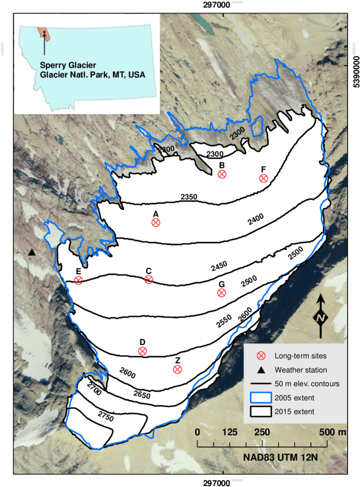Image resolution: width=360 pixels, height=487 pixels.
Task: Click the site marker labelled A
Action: [156, 222]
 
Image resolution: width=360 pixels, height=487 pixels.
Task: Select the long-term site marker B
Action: [222, 174]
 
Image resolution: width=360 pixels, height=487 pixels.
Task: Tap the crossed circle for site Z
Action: [178, 369]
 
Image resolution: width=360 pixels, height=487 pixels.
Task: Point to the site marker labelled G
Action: [222, 293]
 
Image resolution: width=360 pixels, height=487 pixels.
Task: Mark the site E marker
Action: [78, 280]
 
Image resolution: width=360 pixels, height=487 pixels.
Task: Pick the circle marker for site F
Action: [264, 178]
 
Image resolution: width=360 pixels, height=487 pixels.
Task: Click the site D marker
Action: [142, 351]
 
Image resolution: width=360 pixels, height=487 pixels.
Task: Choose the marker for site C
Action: [148, 280]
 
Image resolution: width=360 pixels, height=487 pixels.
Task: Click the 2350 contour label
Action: [189, 197]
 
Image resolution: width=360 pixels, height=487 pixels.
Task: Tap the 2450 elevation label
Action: [219, 266]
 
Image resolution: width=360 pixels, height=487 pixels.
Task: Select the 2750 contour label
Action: [106, 417]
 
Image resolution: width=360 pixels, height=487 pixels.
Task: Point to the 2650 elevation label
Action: [141, 394]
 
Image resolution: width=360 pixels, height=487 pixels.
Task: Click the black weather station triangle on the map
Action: [32, 253]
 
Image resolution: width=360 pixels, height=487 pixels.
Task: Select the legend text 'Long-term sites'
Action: [301, 355]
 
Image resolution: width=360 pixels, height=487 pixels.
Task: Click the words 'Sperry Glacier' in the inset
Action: [68, 65]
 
